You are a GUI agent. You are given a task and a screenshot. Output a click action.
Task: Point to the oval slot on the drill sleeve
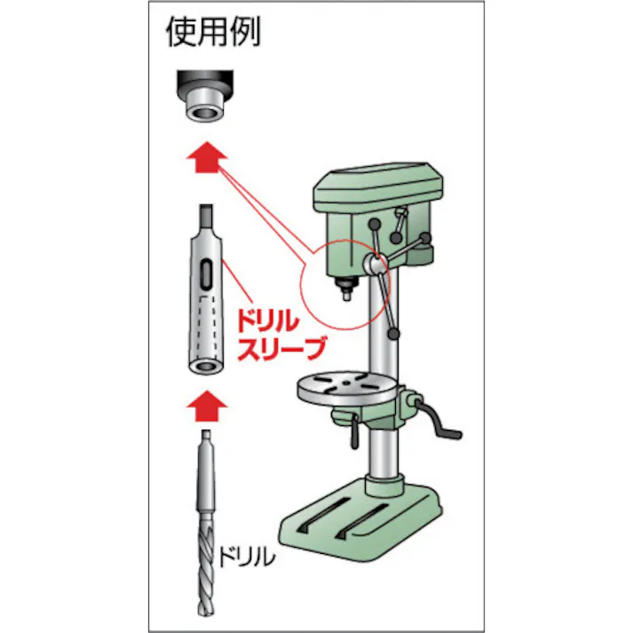[x=205, y=274]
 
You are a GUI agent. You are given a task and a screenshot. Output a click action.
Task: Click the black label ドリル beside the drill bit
[x=245, y=558]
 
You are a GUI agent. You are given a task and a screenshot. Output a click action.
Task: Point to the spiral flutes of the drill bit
[x=204, y=568]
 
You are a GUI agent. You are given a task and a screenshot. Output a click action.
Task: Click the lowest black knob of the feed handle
[x=394, y=333]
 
